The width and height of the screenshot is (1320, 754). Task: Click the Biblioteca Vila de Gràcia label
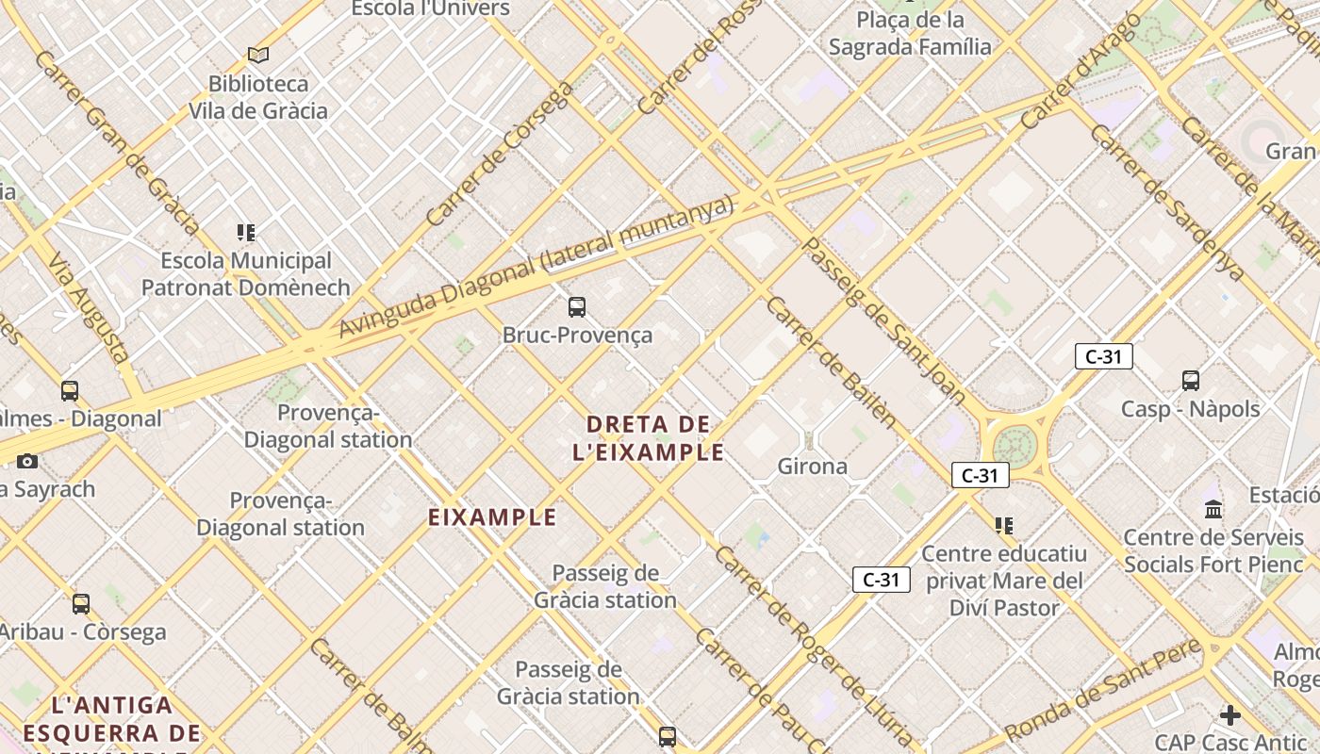(x=258, y=97)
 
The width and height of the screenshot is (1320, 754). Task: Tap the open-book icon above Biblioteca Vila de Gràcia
(x=258, y=56)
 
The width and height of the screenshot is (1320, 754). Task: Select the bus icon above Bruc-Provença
(x=576, y=306)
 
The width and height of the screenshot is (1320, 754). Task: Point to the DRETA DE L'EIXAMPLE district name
(x=649, y=438)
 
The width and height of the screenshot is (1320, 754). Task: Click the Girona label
(x=812, y=466)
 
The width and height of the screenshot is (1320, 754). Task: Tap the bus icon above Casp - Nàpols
(x=1191, y=381)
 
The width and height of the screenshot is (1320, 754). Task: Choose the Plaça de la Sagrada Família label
(x=910, y=33)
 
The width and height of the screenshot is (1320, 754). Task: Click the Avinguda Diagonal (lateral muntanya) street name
(x=536, y=267)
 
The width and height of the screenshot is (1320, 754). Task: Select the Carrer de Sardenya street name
(x=1166, y=201)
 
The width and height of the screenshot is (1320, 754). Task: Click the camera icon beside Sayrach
(x=27, y=461)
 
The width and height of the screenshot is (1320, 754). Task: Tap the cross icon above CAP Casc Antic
(x=1229, y=715)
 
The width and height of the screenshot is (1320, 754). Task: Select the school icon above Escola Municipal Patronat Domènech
(x=246, y=232)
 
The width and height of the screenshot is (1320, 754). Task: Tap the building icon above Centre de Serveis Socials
(x=1213, y=510)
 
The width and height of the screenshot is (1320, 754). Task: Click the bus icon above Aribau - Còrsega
(x=81, y=603)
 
